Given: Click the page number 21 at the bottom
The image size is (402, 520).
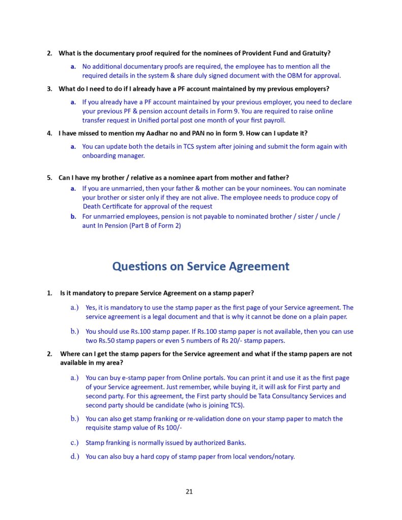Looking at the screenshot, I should (x=189, y=491).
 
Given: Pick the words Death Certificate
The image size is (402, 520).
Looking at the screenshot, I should (x=114, y=207).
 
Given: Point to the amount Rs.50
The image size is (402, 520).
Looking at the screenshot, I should (x=108, y=341).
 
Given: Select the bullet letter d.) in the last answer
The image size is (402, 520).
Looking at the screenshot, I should (x=75, y=457).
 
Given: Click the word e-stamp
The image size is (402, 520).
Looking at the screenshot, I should (x=128, y=378).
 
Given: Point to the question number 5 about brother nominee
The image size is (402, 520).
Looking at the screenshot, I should (x=49, y=178).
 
